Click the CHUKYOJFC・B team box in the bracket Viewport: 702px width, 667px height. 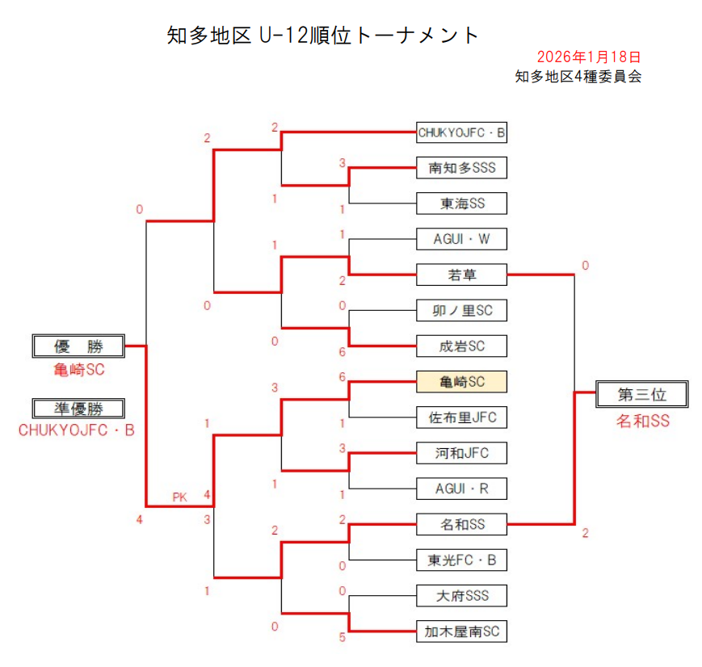click(461, 132)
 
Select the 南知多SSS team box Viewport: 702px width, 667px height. click(461, 168)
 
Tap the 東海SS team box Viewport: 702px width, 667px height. click(461, 203)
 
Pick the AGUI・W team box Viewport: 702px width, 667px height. click(461, 239)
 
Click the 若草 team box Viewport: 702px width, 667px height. click(461, 275)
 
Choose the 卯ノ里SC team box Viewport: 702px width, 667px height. click(461, 310)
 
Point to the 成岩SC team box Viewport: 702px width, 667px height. click(461, 346)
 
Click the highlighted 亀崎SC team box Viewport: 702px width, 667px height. click(461, 382)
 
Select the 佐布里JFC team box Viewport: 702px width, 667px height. click(461, 417)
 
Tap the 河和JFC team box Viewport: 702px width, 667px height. click(461, 453)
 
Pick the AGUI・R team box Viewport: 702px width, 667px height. click(461, 489)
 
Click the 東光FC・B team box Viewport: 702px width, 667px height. click(461, 560)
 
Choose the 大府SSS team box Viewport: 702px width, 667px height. click(461, 596)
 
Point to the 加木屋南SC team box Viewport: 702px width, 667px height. click(461, 631)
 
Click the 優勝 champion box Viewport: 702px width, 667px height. click(78, 346)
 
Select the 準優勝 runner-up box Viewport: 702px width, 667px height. click(78, 409)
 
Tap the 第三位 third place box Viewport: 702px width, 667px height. click(641, 394)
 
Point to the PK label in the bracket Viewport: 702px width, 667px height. click(179, 497)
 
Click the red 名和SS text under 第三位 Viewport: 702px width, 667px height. click(642, 421)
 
